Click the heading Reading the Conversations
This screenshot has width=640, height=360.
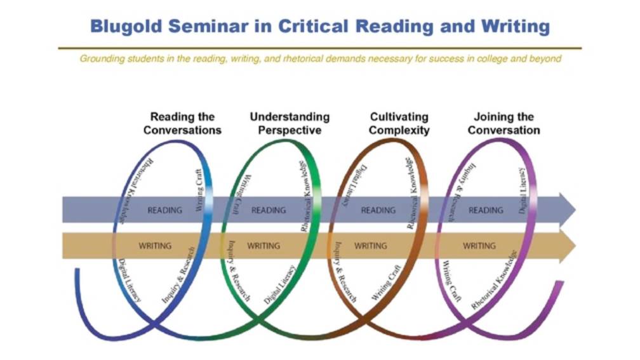pyautogui.click(x=182, y=123)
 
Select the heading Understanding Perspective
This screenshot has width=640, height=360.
pyautogui.click(x=290, y=123)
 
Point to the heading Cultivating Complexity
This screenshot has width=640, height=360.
pyautogui.click(x=399, y=123)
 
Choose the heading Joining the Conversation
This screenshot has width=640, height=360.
pyautogui.click(x=503, y=123)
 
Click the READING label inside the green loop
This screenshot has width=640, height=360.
pyautogui.click(x=269, y=210)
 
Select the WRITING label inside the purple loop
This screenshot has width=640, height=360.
pyautogui.click(x=479, y=246)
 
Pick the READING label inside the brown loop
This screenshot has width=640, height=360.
pyautogui.click(x=378, y=210)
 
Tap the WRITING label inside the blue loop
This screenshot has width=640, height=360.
pyautogui.click(x=155, y=246)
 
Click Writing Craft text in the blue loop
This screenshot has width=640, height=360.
pyautogui.click(x=199, y=190)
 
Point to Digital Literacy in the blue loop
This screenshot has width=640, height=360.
pyautogui.click(x=130, y=281)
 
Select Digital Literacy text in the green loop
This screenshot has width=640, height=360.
pyautogui.click(x=279, y=284)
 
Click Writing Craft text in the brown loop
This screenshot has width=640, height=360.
pyautogui.click(x=386, y=283)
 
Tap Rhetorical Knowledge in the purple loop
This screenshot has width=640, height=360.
pyautogui.click(x=494, y=280)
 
